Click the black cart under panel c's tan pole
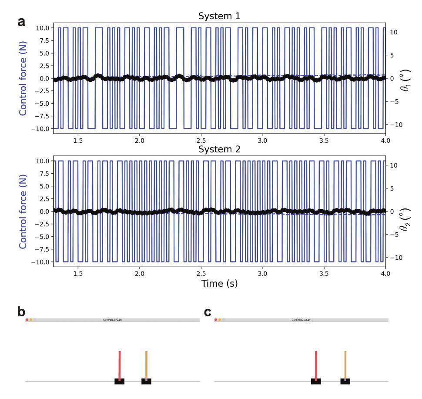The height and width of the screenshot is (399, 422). point(345,382)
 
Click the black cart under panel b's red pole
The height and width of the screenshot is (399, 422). point(119,382)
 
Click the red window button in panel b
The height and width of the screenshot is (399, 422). point(27,320)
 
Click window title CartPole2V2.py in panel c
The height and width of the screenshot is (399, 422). point(301,320)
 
